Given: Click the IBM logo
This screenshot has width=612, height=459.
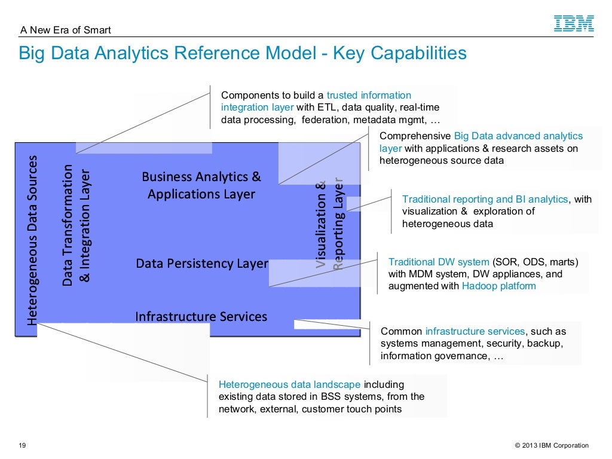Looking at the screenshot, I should click(x=574, y=24).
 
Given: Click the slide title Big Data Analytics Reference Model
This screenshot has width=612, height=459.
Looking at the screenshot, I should click(x=242, y=53).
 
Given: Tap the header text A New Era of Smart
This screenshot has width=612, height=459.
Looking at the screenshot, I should click(x=66, y=30).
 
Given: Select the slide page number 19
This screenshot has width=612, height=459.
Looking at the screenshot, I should click(x=23, y=445).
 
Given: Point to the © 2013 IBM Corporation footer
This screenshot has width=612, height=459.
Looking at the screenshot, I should click(x=547, y=445).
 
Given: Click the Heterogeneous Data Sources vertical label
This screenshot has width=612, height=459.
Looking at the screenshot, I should click(x=32, y=240).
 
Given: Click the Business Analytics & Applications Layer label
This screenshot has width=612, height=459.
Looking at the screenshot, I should click(x=201, y=185).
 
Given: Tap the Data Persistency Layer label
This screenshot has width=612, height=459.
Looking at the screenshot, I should click(x=202, y=264).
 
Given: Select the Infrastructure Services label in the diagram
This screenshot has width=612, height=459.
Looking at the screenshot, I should click(x=201, y=316).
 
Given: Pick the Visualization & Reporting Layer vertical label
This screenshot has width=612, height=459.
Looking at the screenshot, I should click(x=330, y=224).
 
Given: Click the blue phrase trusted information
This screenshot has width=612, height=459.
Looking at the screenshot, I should click(x=369, y=95).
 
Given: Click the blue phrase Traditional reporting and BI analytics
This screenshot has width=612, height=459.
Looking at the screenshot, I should click(x=485, y=199).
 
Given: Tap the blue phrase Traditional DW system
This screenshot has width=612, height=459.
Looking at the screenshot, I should click(x=438, y=262).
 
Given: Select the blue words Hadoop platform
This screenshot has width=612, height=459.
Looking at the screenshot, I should click(x=499, y=286).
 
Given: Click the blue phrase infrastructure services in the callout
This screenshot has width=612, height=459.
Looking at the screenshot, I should click(x=475, y=331).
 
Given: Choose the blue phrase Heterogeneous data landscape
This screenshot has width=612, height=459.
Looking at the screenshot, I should click(x=289, y=384).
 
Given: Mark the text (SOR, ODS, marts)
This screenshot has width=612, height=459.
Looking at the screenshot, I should click(x=535, y=262).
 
